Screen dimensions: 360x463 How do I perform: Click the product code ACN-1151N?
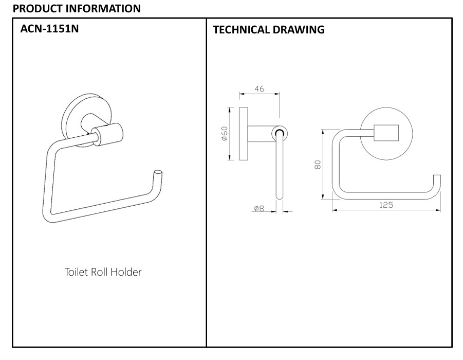point(49,29)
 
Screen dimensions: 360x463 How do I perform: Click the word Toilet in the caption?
point(77,272)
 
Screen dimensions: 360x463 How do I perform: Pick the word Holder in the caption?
point(127,272)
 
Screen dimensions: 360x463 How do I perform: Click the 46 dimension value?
point(259,89)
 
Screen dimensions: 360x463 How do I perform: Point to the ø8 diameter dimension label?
point(258,209)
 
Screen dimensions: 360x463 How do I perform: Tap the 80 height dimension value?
point(318,165)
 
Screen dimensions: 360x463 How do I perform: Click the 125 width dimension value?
point(386,205)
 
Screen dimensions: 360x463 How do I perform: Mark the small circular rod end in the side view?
point(279,133)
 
